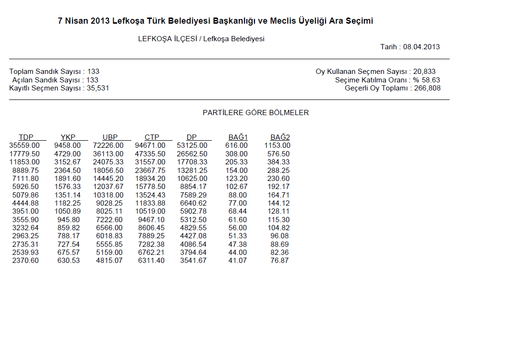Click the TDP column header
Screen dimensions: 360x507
26,137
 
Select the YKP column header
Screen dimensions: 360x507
68,137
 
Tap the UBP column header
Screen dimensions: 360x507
110,137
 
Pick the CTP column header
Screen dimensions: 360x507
152,137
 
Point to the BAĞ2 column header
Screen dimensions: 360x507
280,137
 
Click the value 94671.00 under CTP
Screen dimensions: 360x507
150,145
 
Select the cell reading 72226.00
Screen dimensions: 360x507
108,145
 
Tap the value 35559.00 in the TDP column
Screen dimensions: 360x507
25,145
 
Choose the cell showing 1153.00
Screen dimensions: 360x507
277,145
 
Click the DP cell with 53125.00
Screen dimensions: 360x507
192,145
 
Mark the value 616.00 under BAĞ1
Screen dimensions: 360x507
236,145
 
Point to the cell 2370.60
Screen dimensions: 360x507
26,261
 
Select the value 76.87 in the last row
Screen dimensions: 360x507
280,261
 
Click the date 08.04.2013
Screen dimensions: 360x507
422,47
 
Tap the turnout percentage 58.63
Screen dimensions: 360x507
431,80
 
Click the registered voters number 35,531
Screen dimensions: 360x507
98,88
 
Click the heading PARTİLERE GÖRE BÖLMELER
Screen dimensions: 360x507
256,113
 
